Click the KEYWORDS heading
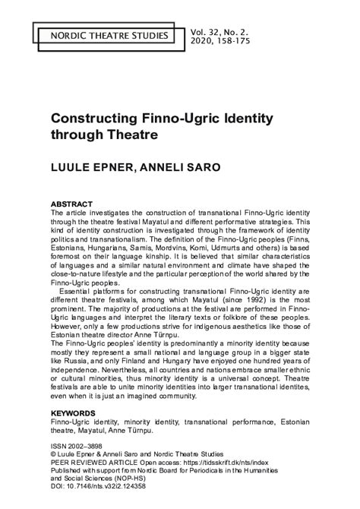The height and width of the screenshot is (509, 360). tap(73, 413)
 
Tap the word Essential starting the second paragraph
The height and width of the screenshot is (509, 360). tap(81, 289)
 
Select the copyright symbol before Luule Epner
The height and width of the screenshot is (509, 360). tap(52, 456)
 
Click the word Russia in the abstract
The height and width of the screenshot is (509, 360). tap(80, 363)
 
